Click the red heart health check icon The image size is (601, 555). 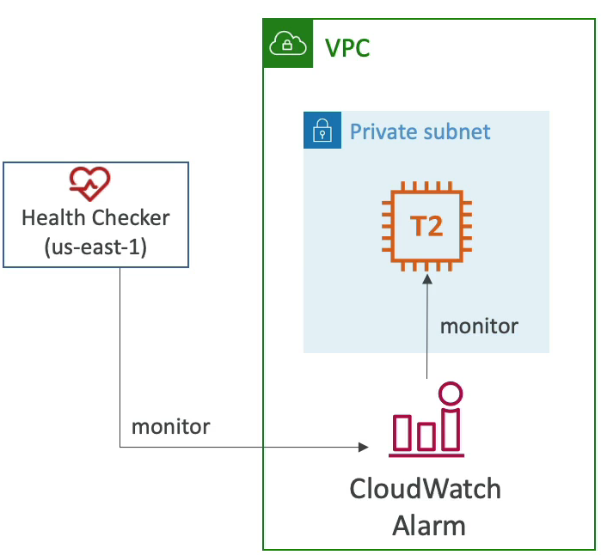click(89, 184)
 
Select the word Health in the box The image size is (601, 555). click(53, 217)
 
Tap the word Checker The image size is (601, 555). click(131, 217)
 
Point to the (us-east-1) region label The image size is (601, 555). click(95, 247)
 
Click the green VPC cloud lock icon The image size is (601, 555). click(288, 43)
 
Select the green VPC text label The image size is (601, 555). click(347, 48)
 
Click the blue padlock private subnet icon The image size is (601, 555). click(322, 130)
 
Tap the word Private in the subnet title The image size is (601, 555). click(384, 131)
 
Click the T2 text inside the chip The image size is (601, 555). click(426, 226)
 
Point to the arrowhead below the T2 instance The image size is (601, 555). click(427, 279)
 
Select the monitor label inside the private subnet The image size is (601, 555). click(479, 326)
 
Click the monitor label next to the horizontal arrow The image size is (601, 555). click(170, 427)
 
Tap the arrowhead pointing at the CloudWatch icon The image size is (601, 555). click(364, 447)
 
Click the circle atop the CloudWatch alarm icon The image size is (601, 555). click(451, 393)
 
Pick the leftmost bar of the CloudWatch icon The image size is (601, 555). click(402, 432)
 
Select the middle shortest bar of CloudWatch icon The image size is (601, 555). click(426, 436)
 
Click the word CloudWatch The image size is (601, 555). click(426, 489)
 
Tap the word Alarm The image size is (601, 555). click(429, 526)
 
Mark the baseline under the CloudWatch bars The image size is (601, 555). click(426, 455)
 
